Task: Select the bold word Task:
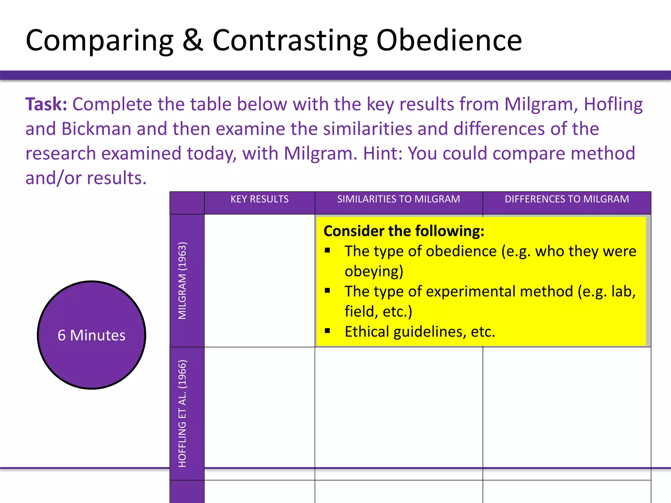[46, 104]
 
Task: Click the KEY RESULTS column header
[259, 199]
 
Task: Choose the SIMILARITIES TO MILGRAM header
[398, 199]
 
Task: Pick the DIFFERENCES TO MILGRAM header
[566, 199]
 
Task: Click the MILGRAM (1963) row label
[182, 280]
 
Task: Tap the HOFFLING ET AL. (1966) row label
[182, 413]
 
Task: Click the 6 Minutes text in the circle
[91, 335]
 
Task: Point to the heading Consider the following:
[404, 231]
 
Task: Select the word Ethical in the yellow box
[367, 332]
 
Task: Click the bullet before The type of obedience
[327, 251]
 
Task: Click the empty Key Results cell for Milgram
[259, 280]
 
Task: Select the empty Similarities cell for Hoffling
[398, 406]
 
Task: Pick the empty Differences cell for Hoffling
[566, 406]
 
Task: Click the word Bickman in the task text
[96, 129]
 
